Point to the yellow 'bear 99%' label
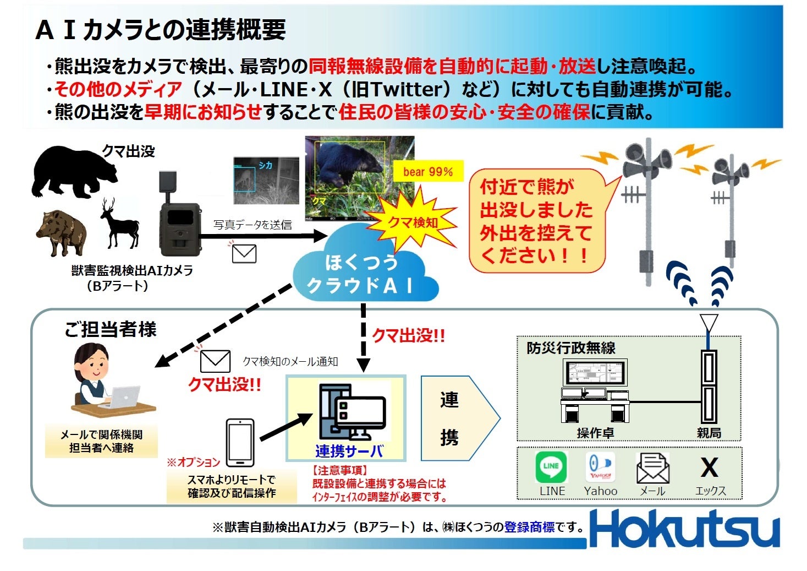(x=428, y=172)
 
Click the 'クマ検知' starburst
(x=413, y=222)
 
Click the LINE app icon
(x=551, y=467)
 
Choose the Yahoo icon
(x=600, y=467)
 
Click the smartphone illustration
(x=240, y=443)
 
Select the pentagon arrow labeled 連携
(x=457, y=418)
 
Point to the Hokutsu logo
(x=684, y=529)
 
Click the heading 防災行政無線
(x=570, y=348)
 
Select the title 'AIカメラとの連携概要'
(x=161, y=30)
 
